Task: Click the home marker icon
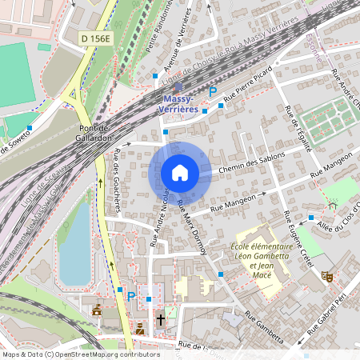[180, 173]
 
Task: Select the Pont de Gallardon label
[94, 133]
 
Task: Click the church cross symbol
[160, 320]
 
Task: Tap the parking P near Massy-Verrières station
[212, 93]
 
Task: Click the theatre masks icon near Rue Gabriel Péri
[326, 275]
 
